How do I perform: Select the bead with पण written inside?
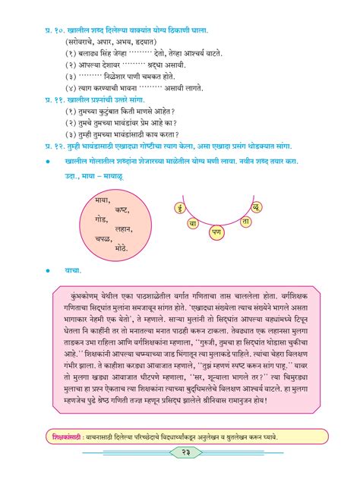(x=216, y=229)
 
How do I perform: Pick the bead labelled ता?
(x=245, y=221)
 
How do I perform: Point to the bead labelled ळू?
(x=257, y=206)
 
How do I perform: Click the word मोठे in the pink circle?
(x=122, y=247)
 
